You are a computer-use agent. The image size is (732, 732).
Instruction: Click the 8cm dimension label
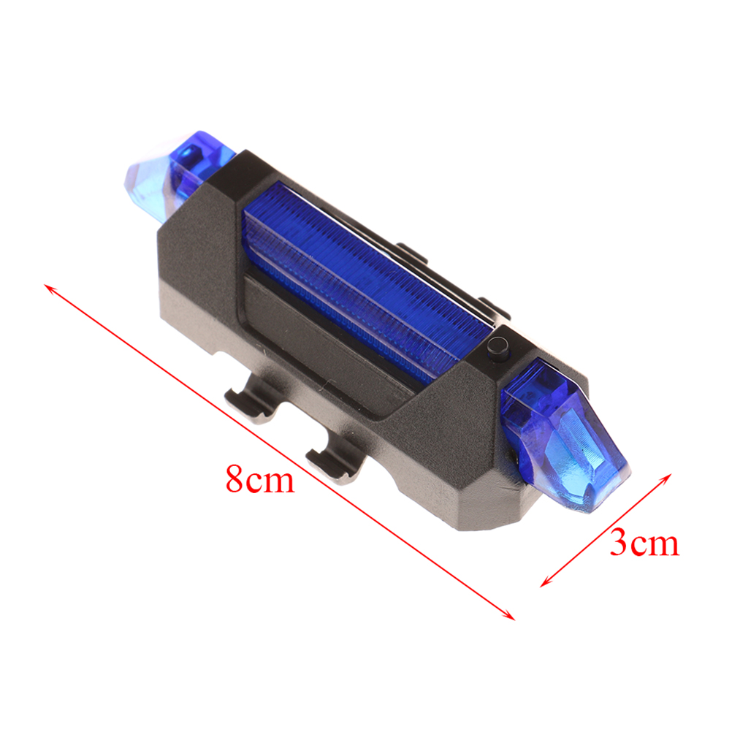click(261, 479)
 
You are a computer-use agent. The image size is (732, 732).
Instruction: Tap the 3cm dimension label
click(644, 543)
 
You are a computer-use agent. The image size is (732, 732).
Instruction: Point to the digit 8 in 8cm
click(235, 479)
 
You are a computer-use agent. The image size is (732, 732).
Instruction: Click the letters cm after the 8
click(271, 481)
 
